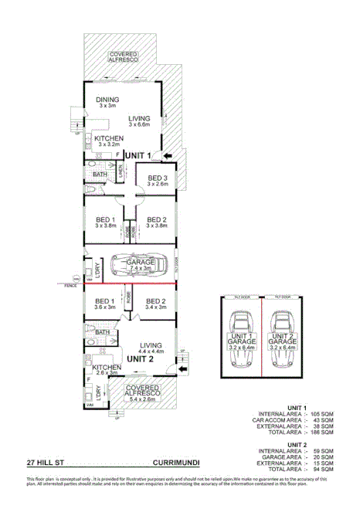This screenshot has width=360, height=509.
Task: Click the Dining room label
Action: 108,100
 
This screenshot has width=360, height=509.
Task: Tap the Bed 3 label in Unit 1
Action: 158,178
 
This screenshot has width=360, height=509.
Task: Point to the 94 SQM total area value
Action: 324,469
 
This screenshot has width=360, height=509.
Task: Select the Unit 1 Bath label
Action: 100,175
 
